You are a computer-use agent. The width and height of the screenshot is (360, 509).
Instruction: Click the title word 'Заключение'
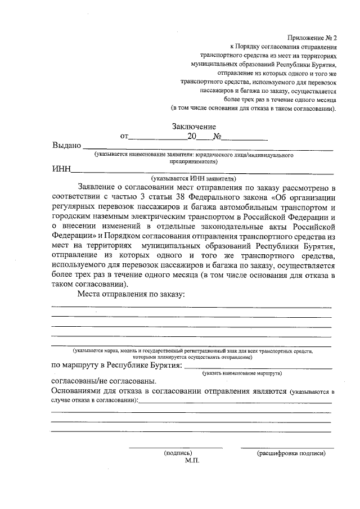point(194,127)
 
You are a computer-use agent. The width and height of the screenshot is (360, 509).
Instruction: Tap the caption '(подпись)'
point(178,452)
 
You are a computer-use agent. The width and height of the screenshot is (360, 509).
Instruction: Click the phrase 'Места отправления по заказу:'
point(132,294)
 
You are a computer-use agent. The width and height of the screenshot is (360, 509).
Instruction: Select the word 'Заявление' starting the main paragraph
point(100,187)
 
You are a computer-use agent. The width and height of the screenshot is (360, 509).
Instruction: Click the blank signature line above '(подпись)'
point(175,447)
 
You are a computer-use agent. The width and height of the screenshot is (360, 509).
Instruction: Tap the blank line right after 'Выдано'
point(208,148)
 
